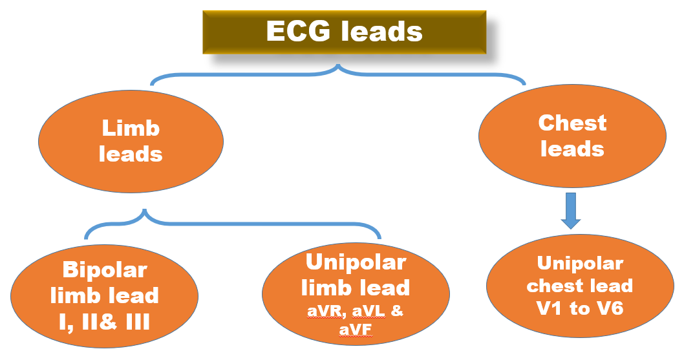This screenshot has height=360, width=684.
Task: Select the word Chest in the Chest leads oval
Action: (x=572, y=123)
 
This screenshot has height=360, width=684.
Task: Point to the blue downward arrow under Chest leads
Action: (x=570, y=209)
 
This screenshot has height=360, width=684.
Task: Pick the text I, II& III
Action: (x=104, y=321)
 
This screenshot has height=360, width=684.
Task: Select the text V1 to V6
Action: (x=580, y=308)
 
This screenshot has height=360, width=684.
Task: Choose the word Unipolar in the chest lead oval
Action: (x=580, y=264)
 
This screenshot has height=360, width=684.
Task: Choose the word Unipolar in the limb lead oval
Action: (x=356, y=262)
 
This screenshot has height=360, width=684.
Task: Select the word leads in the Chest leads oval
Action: (x=572, y=149)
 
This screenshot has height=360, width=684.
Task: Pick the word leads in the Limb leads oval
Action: (x=131, y=154)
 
